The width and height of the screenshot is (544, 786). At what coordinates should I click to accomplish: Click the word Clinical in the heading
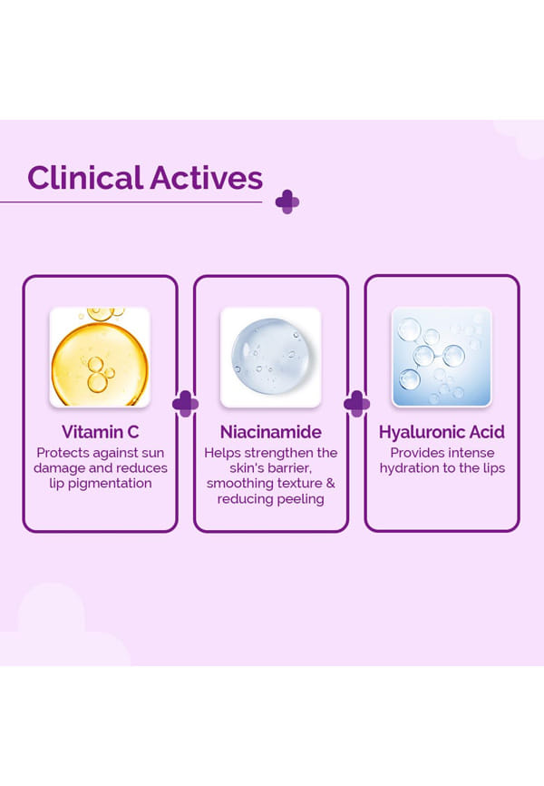pos(85,178)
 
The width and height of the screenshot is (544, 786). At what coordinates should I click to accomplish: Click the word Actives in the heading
pos(207,178)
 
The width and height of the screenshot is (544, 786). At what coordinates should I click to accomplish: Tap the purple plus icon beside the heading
pos(287,202)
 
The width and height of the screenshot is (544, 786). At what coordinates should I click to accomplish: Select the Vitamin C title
pos(100,432)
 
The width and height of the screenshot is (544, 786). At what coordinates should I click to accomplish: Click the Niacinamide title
pos(270,432)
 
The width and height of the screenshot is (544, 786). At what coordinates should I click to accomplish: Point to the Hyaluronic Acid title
pos(442,432)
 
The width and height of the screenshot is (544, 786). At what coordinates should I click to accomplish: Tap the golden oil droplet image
pos(100,357)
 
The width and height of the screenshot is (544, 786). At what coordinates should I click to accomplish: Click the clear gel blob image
pos(270,357)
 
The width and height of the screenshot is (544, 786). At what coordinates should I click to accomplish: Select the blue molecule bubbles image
pos(442,357)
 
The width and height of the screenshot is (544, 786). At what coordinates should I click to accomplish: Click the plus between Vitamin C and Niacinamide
pos(185,404)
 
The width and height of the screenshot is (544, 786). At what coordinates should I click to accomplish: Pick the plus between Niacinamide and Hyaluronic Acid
pos(356,404)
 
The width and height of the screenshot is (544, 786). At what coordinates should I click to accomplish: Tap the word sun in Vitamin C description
pos(152,453)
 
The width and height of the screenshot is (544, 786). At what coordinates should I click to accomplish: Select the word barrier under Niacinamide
pos(287,468)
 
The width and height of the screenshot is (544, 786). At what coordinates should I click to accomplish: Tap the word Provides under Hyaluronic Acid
pos(413,453)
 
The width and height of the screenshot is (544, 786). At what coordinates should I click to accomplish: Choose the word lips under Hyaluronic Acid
pos(493,468)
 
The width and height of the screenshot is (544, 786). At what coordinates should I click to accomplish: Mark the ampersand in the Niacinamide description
pos(330,483)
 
